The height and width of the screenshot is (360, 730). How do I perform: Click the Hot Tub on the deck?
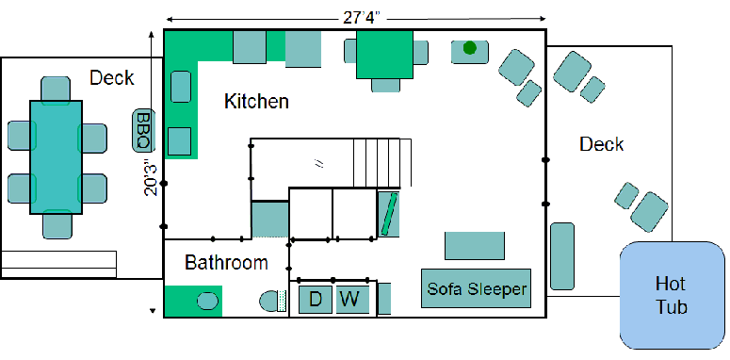click(673, 295)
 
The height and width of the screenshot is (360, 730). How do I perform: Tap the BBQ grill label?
click(144, 130)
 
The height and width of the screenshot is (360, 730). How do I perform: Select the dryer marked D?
click(316, 300)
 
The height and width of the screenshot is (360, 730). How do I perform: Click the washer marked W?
click(352, 300)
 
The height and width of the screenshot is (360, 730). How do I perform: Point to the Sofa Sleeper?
click(477, 288)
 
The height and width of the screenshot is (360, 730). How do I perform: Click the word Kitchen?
click(256, 101)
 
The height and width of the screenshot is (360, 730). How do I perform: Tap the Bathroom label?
click(226, 263)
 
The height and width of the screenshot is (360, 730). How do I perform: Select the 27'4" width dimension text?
click(362, 18)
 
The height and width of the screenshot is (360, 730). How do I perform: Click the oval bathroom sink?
click(207, 301)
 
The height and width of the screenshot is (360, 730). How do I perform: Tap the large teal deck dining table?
click(56, 157)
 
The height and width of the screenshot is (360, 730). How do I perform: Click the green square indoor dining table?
click(384, 55)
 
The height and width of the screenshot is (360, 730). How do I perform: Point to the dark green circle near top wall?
click(470, 47)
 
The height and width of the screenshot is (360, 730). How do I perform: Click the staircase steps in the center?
click(382, 162)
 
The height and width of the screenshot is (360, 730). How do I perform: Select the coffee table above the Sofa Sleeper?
click(475, 245)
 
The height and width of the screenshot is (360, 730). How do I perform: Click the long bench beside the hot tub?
click(562, 256)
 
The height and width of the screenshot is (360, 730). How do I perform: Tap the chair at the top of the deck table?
click(56, 90)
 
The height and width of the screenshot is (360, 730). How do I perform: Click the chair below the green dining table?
click(385, 85)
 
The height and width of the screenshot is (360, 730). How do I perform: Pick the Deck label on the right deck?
click(602, 144)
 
